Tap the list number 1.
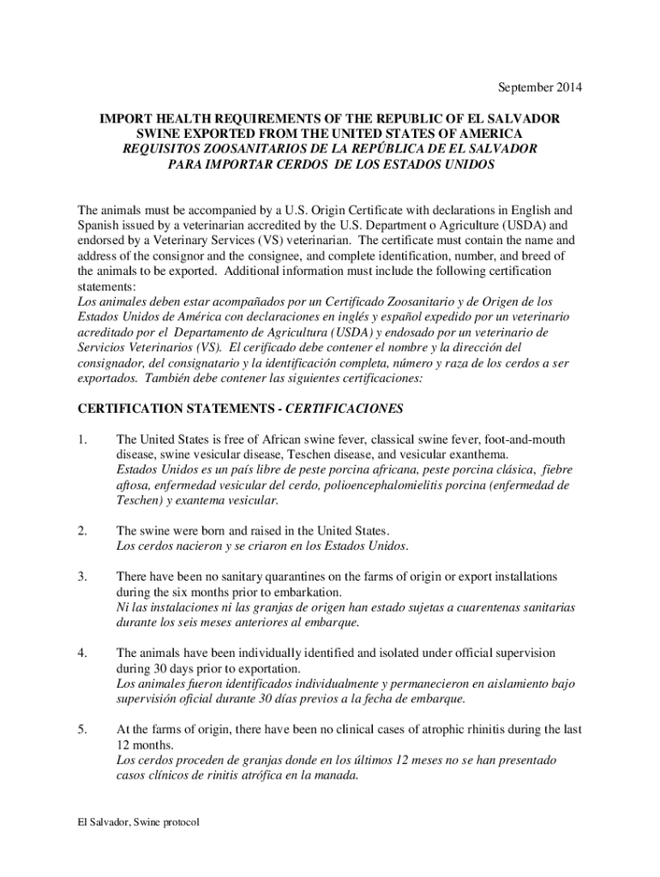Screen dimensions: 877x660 coord(81,439)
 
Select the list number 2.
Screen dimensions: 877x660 coord(81,531)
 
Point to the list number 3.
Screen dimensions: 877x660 coord(81,577)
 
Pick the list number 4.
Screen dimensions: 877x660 coord(81,653)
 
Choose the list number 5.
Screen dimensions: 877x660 coord(81,730)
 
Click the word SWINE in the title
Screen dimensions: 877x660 coord(163,134)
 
